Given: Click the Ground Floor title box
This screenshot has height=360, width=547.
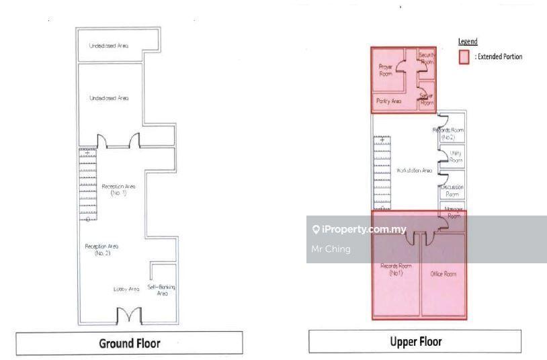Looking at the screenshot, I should coord(130,343).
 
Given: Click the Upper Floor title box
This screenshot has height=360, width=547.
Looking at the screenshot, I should coord(416,341).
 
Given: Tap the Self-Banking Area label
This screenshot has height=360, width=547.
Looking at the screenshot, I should coord(162,290).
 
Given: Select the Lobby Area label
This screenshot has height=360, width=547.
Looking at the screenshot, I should coord(126,289).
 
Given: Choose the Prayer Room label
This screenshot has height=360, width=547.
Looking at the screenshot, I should coord(386,70).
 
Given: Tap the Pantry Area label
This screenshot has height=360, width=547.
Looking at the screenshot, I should coord(388,101).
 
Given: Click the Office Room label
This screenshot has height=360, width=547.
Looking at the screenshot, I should coord(443,274).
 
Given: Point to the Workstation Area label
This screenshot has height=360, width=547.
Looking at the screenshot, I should coord(414,171).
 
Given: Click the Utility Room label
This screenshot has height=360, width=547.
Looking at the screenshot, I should coord(455,157).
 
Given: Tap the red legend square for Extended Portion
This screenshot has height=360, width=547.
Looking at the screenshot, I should coord(464,57).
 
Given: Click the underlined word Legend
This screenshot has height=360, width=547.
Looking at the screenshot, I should coord(468,42).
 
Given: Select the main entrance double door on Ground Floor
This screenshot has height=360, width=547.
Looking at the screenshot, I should coord(129,315).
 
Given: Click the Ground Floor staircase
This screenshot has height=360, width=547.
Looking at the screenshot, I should coord(87,185).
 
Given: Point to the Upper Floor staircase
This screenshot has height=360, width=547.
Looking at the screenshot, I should coord(382,171).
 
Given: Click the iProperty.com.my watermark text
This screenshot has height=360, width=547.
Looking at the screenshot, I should coord(364,230).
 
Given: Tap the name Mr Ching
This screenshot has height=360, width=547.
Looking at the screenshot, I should coord(327,249).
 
